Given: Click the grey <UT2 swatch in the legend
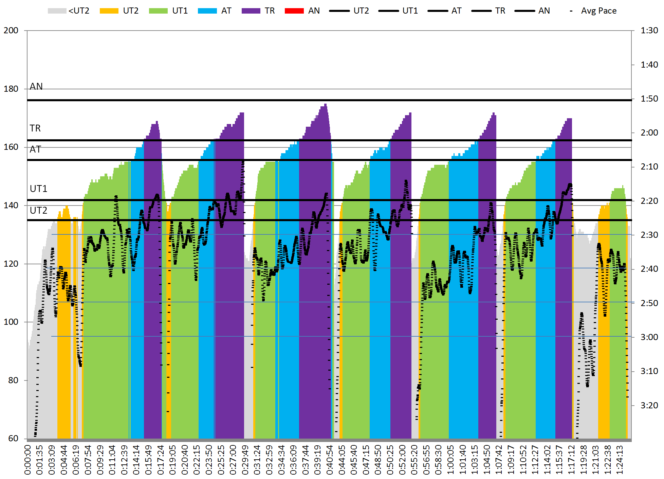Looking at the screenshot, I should coord(57,11).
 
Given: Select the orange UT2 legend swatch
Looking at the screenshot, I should coord(109,11).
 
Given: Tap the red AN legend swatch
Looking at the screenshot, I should coord(294,11).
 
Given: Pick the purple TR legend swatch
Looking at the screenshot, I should coord(251,11).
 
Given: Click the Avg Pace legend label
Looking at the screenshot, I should coord(598,11).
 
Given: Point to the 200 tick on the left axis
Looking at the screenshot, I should coord(11,31).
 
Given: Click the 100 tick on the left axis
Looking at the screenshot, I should coord(11,322).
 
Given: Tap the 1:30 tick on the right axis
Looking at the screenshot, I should coord(649,31).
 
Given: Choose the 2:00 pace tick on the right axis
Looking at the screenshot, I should coord(649,133).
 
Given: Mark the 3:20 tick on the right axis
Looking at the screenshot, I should coord(649,405).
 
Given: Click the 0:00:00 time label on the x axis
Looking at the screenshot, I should coord(27,460).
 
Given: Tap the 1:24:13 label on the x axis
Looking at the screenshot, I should coord(620,460).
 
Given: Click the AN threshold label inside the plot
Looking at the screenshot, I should coord(36,87).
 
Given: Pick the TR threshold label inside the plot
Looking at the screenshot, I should coord(35,128).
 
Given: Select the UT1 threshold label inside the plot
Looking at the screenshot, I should coord(38,189).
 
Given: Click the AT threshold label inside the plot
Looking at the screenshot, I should coord(35,149).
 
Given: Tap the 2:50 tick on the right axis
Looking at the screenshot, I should coord(649,303).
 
